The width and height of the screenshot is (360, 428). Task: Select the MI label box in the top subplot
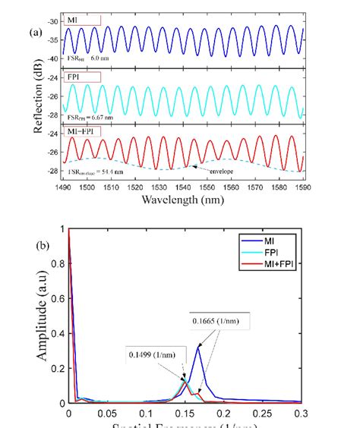(x=79, y=17)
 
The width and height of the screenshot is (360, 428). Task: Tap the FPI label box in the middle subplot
(x=80, y=77)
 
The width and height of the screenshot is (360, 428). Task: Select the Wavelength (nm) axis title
(x=186, y=200)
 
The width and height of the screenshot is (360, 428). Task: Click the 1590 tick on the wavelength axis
(x=302, y=186)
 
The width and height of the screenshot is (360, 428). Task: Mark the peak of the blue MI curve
(x=199, y=347)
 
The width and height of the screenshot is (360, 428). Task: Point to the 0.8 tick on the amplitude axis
(x=58, y=263)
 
